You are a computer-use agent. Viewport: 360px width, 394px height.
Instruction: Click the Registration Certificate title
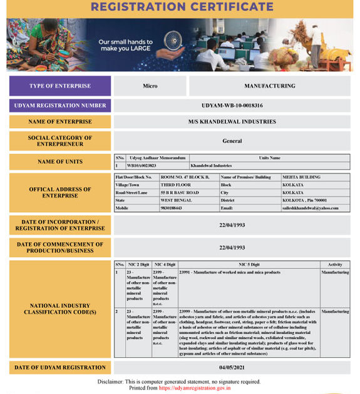click(182, 8)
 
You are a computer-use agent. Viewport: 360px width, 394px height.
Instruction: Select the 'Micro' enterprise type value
click(150, 86)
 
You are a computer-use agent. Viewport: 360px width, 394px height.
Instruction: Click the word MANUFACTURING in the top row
click(269, 86)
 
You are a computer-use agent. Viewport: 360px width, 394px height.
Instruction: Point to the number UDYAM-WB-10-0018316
click(232, 106)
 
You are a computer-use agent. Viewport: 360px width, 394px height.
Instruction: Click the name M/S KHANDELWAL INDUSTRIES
click(232, 122)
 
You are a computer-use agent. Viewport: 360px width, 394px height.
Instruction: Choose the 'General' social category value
click(232, 141)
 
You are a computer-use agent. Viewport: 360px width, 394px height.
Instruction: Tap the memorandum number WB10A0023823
click(141, 166)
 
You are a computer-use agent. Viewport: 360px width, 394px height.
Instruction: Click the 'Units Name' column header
click(269, 158)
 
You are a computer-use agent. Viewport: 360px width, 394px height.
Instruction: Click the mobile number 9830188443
click(172, 208)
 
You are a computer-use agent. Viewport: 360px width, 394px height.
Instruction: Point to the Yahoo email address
click(315, 208)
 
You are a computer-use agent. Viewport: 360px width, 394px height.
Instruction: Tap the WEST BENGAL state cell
click(176, 200)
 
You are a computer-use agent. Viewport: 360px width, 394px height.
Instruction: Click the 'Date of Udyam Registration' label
click(60, 368)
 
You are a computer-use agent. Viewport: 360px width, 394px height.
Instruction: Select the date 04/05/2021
click(232, 368)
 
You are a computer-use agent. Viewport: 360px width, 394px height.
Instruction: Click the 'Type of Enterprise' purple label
click(60, 86)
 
